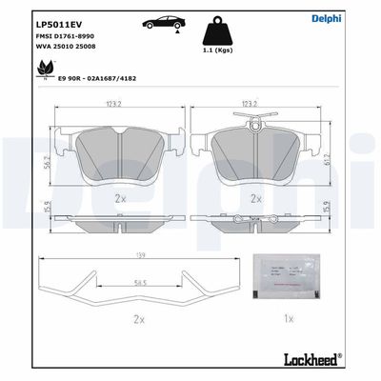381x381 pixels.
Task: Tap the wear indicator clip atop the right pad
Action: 253,122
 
